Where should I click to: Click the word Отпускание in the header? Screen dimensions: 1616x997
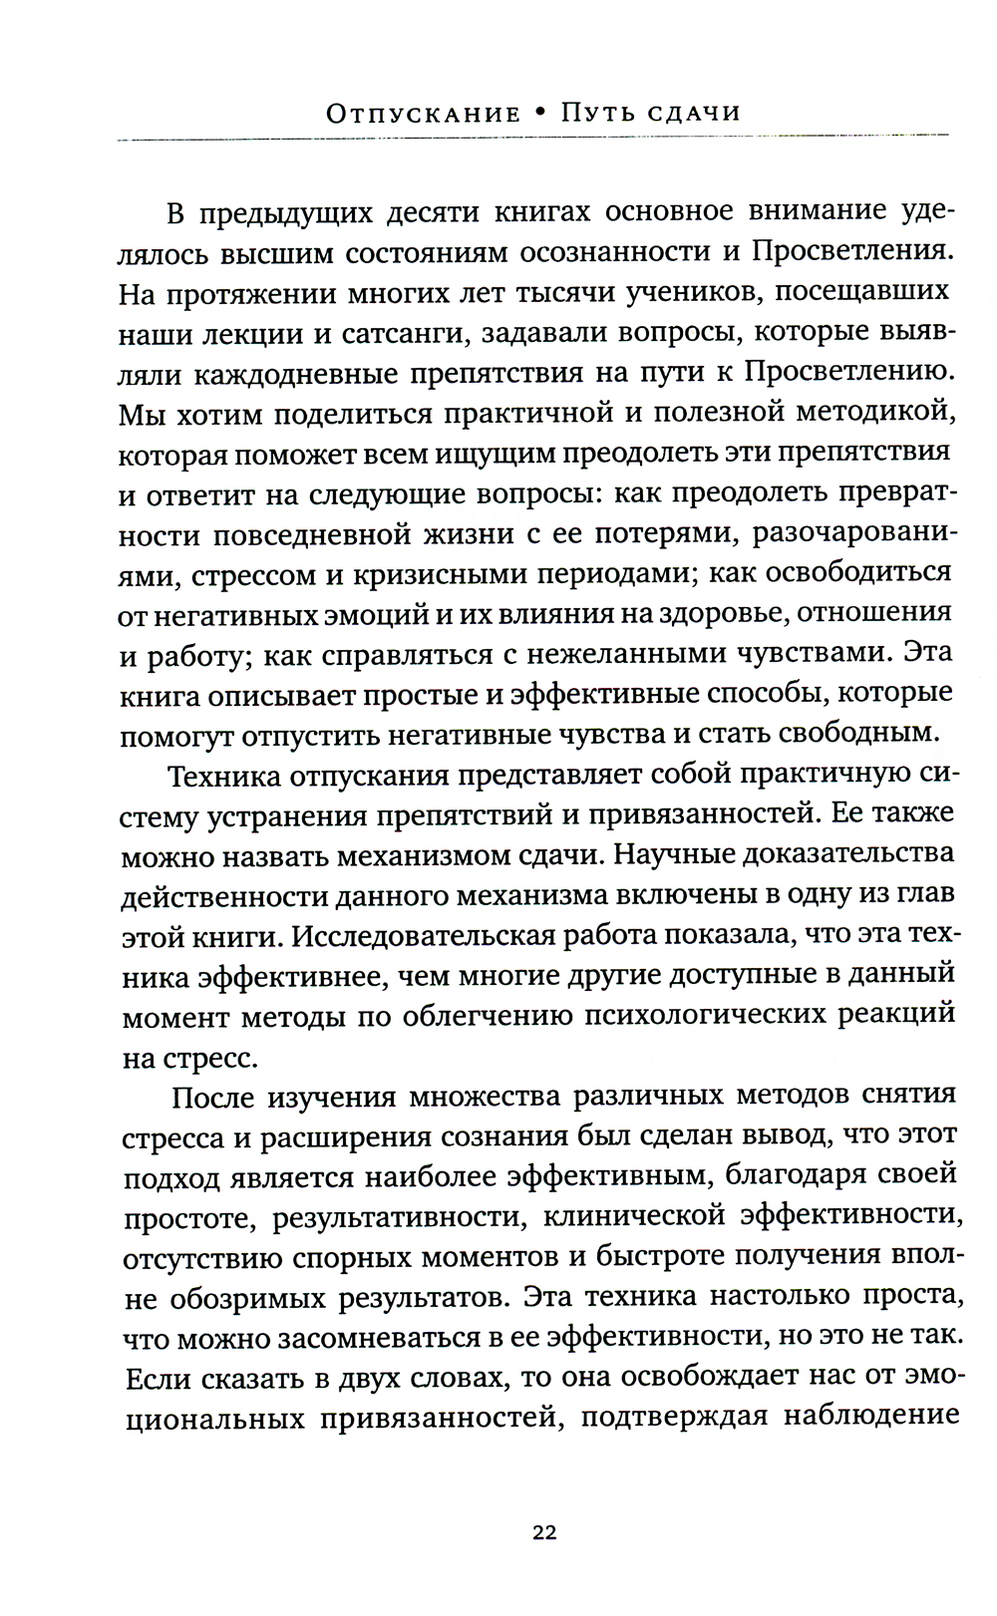(423, 113)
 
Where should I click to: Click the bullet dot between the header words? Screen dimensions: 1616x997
(539, 113)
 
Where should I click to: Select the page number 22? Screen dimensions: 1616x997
(544, 1533)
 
